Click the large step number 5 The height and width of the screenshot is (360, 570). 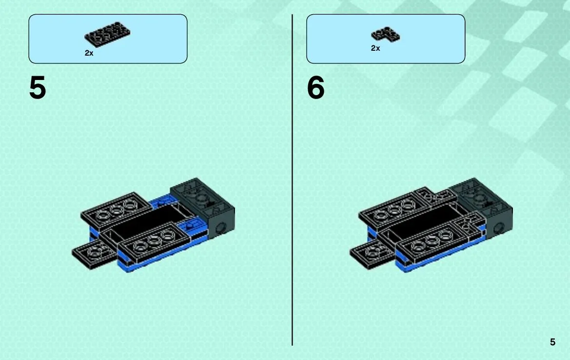click(x=38, y=88)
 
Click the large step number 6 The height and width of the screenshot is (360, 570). click(x=315, y=88)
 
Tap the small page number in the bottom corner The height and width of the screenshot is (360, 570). click(x=552, y=342)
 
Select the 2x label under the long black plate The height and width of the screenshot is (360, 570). click(x=89, y=53)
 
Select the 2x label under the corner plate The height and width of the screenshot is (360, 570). click(x=375, y=48)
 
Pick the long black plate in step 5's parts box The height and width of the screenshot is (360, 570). click(x=107, y=34)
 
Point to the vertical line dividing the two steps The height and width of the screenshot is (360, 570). click(x=292, y=180)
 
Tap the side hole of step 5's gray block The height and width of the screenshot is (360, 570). click(x=220, y=229)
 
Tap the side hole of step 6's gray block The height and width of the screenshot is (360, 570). click(x=498, y=229)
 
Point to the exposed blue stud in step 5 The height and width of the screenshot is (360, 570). click(x=189, y=226)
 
